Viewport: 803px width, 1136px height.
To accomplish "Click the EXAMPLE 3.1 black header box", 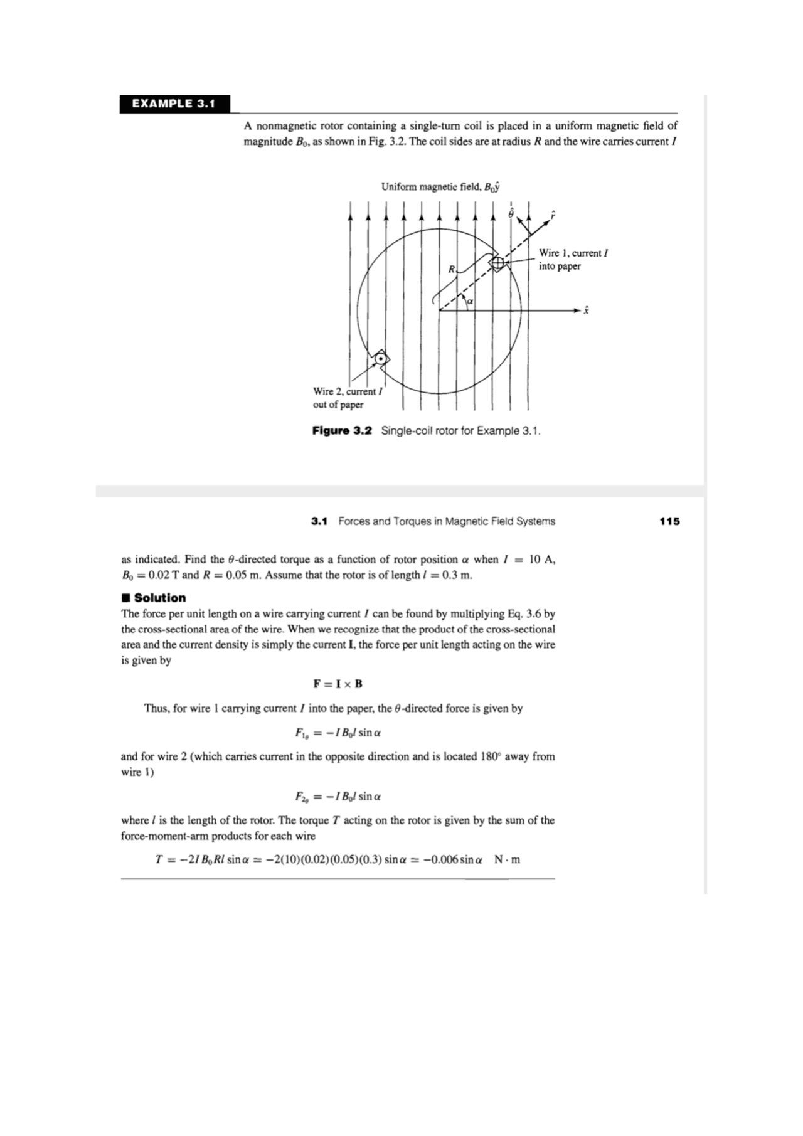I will pos(174,104).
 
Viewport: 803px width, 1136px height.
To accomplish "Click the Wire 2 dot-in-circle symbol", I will pos(380,359).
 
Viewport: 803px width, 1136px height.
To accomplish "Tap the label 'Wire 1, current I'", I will pos(573,253).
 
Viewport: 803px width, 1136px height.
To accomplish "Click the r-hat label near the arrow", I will pos(552,215).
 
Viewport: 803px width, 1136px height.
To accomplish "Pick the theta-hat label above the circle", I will pos(511,213).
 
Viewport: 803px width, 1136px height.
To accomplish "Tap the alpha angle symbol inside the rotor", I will pos(469,302).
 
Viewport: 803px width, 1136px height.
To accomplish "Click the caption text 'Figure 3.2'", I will pos(342,431).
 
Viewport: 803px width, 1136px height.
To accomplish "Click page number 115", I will pos(669,521).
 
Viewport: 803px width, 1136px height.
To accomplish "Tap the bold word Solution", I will pos(159,598).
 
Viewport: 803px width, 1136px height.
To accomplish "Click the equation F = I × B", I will pos(338,684).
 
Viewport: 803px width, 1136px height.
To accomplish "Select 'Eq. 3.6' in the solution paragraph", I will pos(525,613).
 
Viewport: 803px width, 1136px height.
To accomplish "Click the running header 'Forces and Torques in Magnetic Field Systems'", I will pos(446,521).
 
